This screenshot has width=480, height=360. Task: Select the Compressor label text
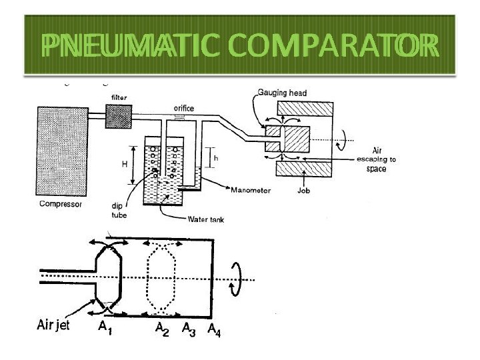[59, 204]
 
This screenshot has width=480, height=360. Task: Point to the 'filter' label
[118, 98]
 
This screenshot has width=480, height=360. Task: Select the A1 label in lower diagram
[105, 328]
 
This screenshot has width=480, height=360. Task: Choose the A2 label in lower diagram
[162, 328]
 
